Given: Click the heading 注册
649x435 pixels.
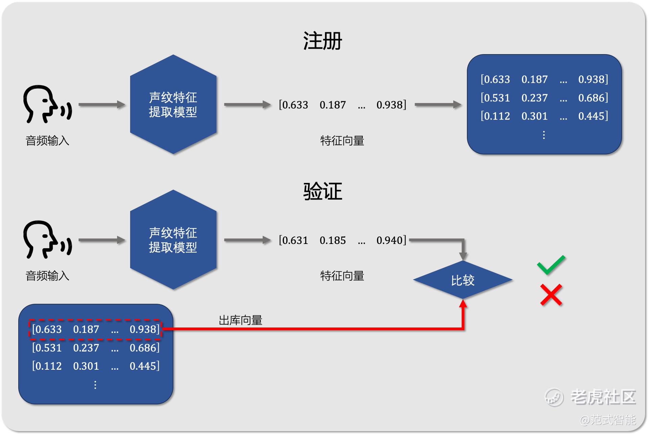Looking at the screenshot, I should pos(322,41).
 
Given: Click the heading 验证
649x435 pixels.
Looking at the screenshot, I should pos(322,191).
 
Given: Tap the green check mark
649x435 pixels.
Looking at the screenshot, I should pos(551,264).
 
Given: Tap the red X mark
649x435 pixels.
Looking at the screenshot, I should pos(551,295).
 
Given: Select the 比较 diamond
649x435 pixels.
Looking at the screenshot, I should pos(463,280).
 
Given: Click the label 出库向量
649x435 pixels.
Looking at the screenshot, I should pos(240,320).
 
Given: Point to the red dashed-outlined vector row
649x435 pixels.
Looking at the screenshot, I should pos(95,329).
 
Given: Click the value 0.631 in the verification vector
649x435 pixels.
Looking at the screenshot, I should pos(294,240).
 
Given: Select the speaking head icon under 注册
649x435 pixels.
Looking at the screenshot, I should pos(47,104).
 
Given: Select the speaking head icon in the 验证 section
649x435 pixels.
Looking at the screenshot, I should pos(47,239).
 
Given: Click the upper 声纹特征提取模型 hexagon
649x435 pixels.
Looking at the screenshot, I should pos(173,104).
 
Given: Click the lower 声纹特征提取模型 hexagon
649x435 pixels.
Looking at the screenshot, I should pos(173,240).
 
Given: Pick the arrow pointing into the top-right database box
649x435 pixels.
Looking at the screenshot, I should pos(438,105).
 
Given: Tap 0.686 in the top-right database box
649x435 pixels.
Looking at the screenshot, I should pos(593,98).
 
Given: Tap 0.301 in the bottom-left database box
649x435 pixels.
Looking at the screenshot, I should pos(86,366).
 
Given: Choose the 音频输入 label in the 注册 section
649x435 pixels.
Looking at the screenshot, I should pos(47,141).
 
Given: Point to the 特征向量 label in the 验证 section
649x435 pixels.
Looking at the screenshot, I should pos(342,276).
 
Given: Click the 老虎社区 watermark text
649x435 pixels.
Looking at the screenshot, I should pos(603,397).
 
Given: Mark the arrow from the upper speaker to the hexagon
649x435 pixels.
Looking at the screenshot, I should pos(101,105).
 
